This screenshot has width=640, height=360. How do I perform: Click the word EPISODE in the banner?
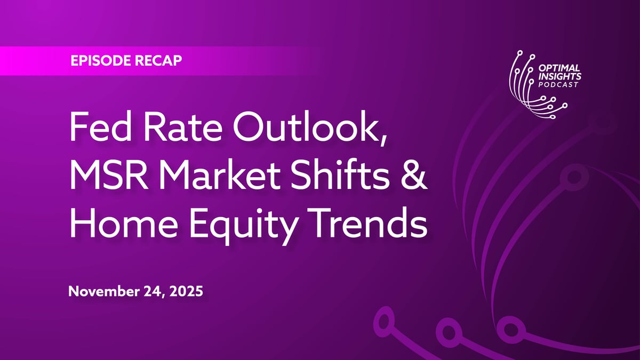[101, 61]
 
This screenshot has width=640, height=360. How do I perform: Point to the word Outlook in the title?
[305, 126]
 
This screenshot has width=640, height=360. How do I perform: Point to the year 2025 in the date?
[186, 291]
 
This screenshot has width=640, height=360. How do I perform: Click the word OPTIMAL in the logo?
[559, 68]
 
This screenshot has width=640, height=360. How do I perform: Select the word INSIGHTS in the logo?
[559, 76]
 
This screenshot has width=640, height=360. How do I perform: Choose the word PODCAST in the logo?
[558, 85]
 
